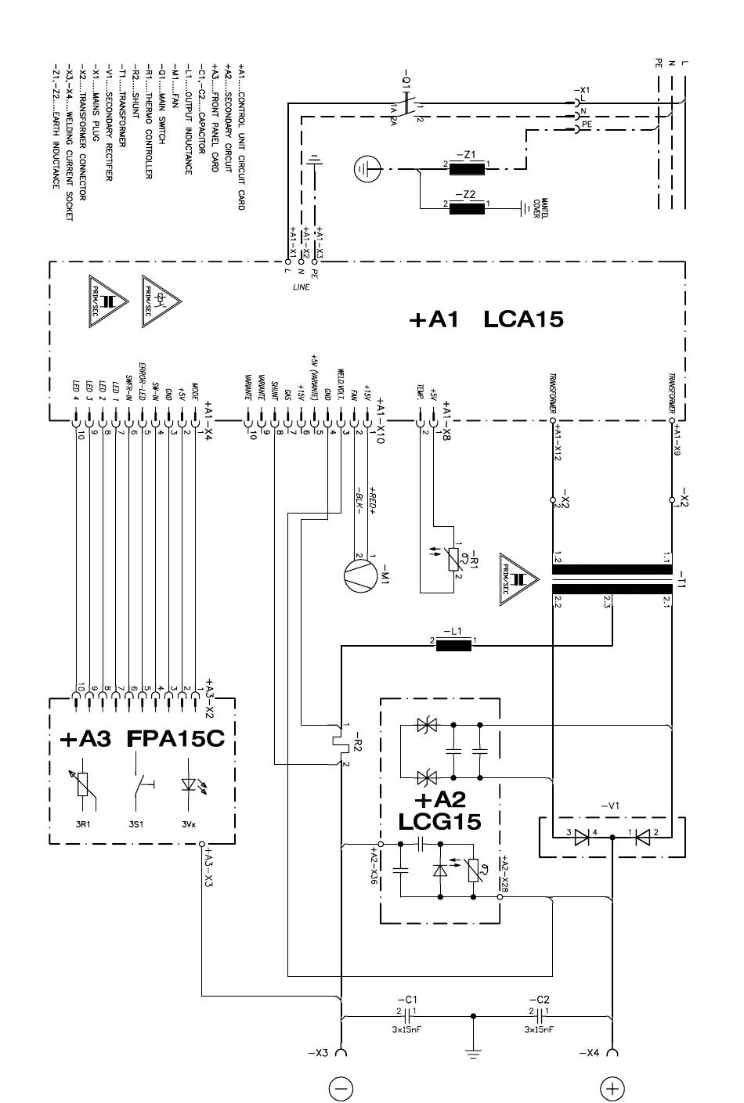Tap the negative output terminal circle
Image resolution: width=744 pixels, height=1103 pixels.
(342, 1087)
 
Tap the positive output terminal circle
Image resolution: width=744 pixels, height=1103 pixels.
(612, 1087)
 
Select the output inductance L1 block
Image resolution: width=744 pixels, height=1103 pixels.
(453, 645)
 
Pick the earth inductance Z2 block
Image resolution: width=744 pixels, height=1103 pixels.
(468, 207)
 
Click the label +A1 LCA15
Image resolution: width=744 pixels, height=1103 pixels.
(486, 319)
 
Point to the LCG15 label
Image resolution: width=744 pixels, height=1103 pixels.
(439, 821)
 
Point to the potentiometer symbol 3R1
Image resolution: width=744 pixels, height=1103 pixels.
(84, 786)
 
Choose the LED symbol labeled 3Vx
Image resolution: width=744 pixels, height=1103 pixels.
(188, 786)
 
